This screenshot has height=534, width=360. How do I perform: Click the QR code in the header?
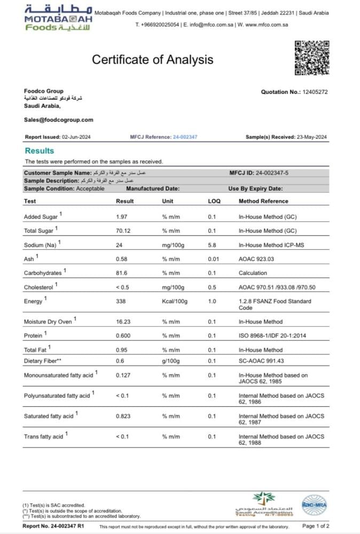(312, 58)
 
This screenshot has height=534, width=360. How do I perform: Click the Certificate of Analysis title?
(152, 59)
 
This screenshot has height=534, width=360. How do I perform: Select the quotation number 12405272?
(315, 92)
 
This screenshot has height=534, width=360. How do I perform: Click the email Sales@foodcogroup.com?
(59, 120)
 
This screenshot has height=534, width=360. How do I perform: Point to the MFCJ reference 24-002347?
(185, 137)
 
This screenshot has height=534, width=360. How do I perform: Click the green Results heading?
(40, 151)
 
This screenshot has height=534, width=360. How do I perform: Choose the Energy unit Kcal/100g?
(175, 301)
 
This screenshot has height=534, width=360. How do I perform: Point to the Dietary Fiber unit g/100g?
(172, 361)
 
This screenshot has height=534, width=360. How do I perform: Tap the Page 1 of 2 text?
(315, 526)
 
